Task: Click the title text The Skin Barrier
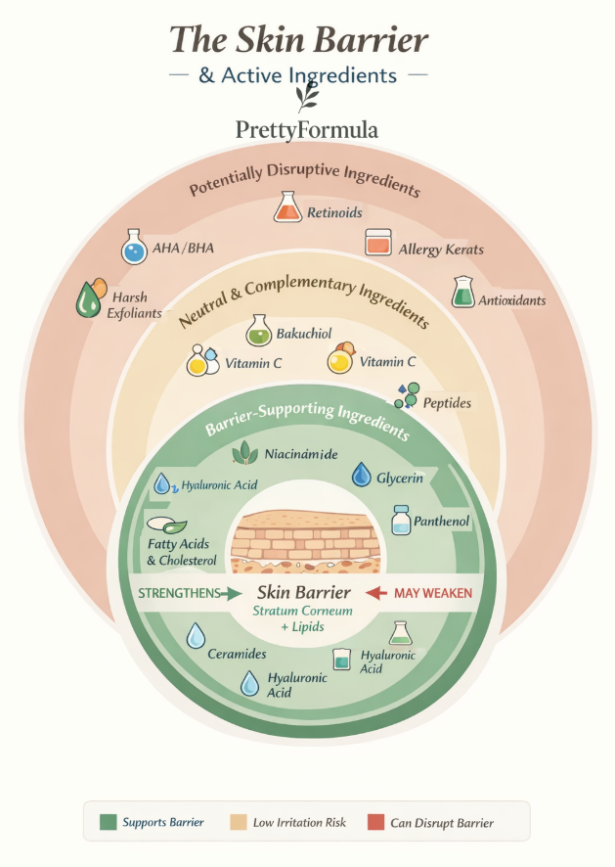tap(299, 39)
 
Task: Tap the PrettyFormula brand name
tap(306, 129)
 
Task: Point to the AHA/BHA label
tap(182, 248)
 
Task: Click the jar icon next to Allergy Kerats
tap(377, 242)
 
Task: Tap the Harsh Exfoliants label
tap(134, 305)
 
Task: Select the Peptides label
tap(448, 403)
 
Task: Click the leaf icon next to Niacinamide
tap(244, 453)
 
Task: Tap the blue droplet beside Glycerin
tap(362, 476)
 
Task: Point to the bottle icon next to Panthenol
tap(401, 519)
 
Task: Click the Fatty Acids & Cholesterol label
tap(181, 553)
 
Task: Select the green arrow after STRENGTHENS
tap(231, 593)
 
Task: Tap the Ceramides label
tap(237, 653)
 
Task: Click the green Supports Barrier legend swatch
tap(108, 822)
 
